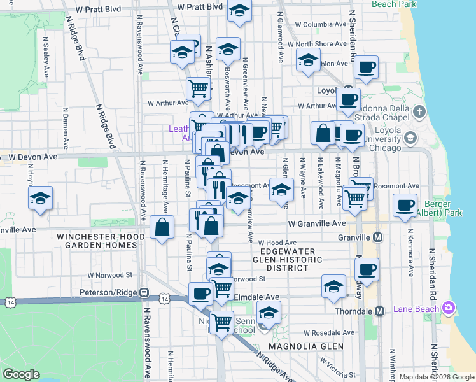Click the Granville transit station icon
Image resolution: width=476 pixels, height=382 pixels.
[x=378, y=237]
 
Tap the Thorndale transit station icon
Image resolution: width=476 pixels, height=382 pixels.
[x=380, y=311]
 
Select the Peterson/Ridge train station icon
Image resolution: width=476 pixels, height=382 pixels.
[x=145, y=293]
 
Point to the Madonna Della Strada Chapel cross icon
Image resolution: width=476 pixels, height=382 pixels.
[x=419, y=113]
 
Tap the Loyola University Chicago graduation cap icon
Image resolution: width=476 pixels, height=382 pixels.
[x=410, y=138]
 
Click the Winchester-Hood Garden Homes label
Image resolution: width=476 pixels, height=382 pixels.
[x=99, y=241]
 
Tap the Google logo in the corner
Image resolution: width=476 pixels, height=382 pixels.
[x=22, y=374]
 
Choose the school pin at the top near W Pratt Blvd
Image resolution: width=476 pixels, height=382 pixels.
[x=239, y=11]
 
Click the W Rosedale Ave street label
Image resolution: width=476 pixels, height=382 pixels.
[x=328, y=333]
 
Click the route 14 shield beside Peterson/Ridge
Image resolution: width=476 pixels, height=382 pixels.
[x=165, y=298]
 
